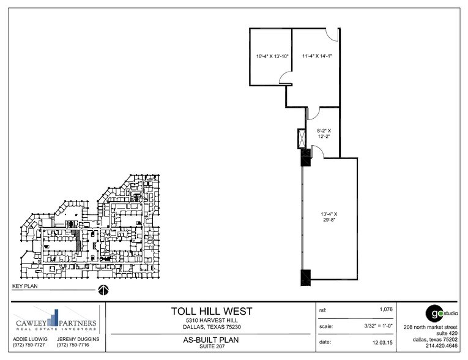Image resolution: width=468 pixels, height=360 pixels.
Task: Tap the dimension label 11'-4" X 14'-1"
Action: pyautogui.click(x=316, y=56)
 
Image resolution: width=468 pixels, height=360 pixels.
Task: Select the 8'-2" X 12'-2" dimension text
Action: pyautogui.click(x=324, y=133)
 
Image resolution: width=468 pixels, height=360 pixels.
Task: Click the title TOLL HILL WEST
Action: pyautogui.click(x=210, y=312)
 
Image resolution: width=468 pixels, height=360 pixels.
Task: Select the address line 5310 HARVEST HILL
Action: pyautogui.click(x=210, y=321)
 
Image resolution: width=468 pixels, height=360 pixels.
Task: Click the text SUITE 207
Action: pyautogui.click(x=210, y=347)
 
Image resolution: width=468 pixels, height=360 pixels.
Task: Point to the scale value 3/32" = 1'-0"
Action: pyautogui.click(x=374, y=326)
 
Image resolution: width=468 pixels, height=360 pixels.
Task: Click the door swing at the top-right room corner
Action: pyautogui.click(x=332, y=34)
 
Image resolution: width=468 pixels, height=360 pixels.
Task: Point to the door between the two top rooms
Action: pyautogui.click(x=285, y=78)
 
